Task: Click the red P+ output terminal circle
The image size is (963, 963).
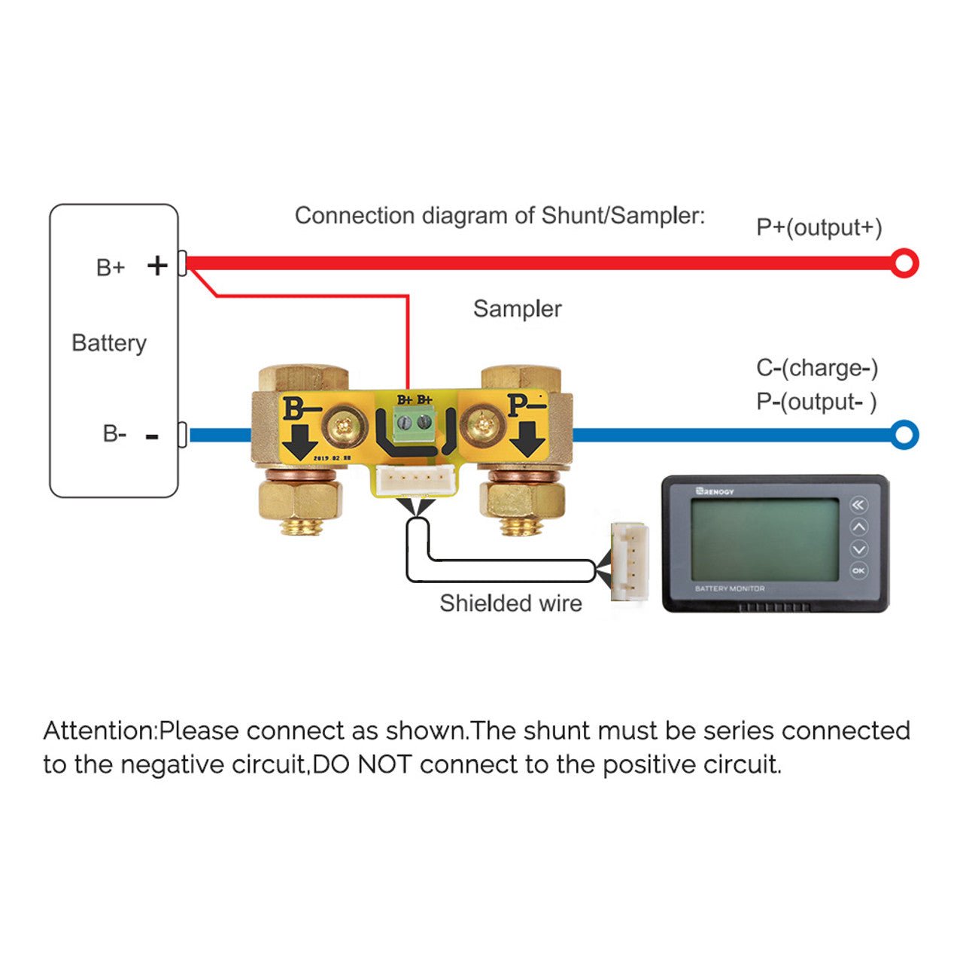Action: pos(904,263)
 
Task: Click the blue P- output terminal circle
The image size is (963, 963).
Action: pos(904,435)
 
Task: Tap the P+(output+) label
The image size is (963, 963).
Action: pos(819,227)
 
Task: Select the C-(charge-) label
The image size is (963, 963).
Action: pos(817,368)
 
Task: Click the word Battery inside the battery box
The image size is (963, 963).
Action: pos(109,343)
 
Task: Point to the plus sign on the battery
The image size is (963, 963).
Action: pos(157,266)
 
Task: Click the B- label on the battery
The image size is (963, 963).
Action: pos(114,434)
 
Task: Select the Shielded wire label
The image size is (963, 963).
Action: pos(510,603)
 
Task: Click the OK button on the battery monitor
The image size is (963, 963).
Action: pos(858,571)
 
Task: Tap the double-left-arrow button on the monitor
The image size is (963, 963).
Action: pos(858,505)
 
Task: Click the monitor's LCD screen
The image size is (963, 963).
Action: pos(764,539)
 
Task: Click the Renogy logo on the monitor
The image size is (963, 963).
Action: pos(715,491)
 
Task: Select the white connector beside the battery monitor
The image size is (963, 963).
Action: pos(629,561)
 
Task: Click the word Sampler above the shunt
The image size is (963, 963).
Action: pos(517,308)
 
